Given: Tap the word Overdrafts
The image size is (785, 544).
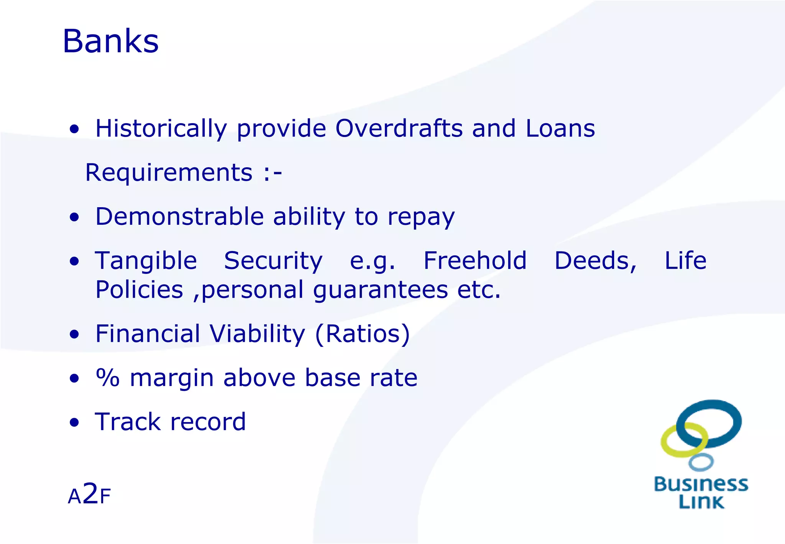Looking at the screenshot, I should pos(399,128).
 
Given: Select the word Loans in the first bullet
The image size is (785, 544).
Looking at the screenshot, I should pos(560,128).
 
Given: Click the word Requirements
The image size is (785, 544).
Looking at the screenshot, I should pos(169,172).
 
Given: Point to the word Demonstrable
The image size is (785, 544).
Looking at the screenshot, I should pos(179,216).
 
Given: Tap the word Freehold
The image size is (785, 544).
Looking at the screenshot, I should pos(475,261).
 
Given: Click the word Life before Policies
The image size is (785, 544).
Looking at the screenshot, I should pos(685,261).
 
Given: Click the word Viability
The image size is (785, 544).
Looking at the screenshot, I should pos(258,333).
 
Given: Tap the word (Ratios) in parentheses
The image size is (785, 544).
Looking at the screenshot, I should pos(362,333).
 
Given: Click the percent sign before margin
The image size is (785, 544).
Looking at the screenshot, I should pos(108,378).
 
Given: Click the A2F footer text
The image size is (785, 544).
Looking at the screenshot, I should pos(89,495).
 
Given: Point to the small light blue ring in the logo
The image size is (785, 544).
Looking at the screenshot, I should pos(701,462).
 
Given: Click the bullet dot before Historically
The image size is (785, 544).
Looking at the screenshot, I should pos(74,129).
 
